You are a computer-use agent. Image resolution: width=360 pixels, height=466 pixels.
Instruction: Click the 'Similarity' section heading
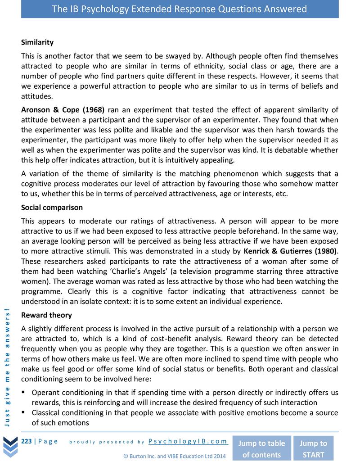click(37, 42)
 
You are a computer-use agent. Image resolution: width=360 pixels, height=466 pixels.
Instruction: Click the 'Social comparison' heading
click(52, 208)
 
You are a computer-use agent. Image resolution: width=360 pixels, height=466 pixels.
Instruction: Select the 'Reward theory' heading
click(46, 315)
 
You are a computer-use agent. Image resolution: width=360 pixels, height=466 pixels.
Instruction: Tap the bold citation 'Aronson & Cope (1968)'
click(63, 109)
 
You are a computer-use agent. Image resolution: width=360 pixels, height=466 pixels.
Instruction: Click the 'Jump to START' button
click(313, 448)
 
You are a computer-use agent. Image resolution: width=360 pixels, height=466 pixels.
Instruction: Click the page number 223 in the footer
click(27, 441)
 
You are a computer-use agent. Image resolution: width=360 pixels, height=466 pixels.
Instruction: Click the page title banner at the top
click(180, 9)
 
